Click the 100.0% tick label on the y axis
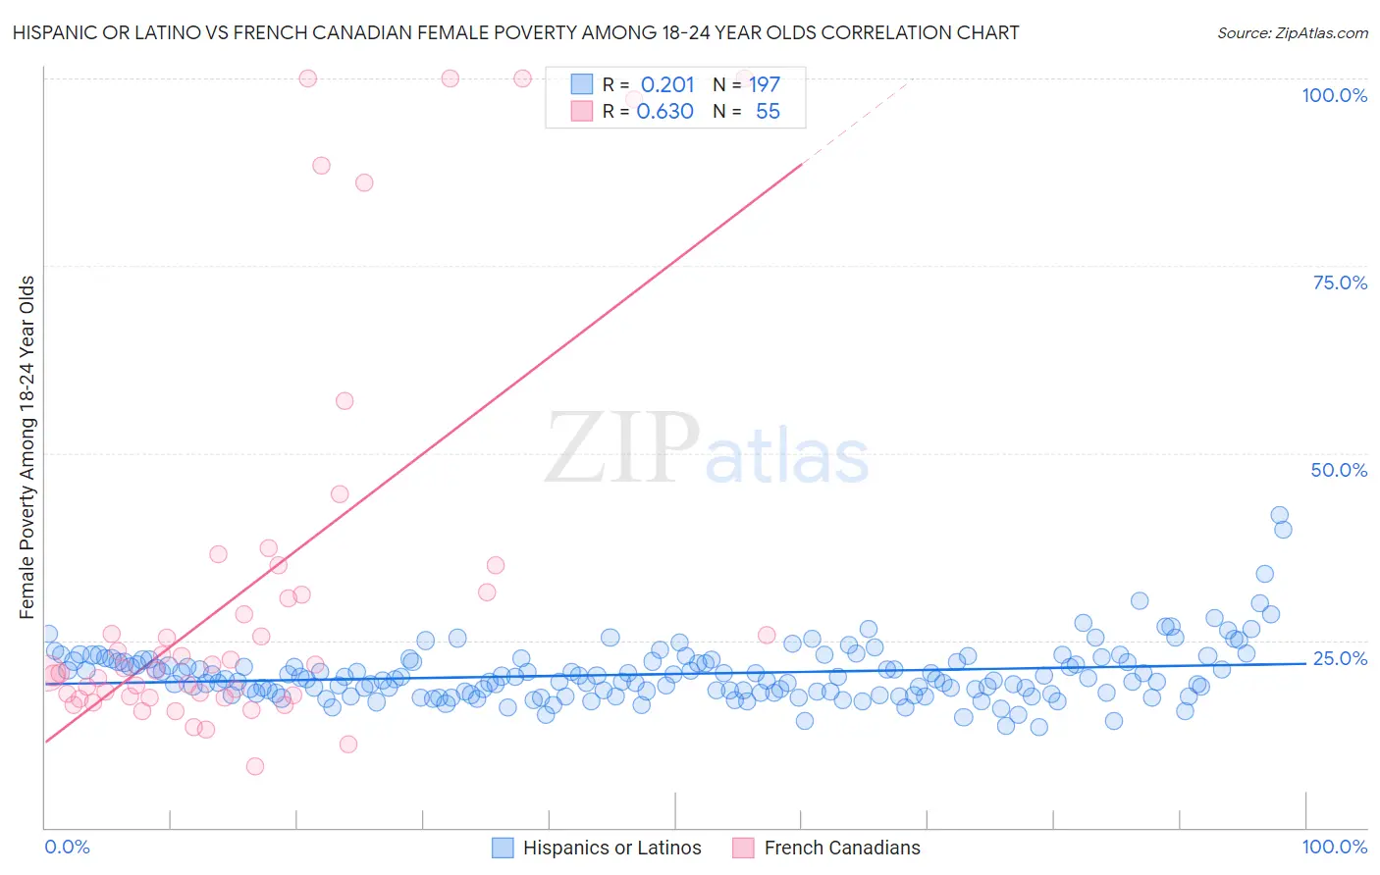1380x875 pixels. [x=1334, y=95]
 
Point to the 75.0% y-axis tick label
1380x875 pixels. [x=1340, y=283]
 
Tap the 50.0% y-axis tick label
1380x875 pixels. [x=1339, y=470]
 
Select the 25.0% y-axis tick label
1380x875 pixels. [x=1340, y=658]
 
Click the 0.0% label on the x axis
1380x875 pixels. [x=67, y=847]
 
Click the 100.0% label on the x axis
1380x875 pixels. [x=1334, y=847]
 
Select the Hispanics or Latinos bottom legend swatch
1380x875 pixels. [x=503, y=848]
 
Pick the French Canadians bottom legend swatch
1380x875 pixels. [x=744, y=848]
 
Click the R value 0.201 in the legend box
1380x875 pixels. [x=667, y=84]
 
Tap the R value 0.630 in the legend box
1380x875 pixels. [x=665, y=112]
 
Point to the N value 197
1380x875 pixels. [x=765, y=84]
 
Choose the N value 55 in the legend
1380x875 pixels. [x=768, y=112]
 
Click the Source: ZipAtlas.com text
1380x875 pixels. [x=1292, y=32]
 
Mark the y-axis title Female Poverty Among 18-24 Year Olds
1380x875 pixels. [x=27, y=446]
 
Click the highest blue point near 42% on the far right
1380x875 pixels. [x=1279, y=515]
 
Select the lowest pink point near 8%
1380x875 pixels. [x=255, y=766]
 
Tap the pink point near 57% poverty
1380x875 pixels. [x=345, y=400]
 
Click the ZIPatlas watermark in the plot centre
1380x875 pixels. [x=707, y=449]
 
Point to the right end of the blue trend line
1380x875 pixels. [x=1305, y=663]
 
